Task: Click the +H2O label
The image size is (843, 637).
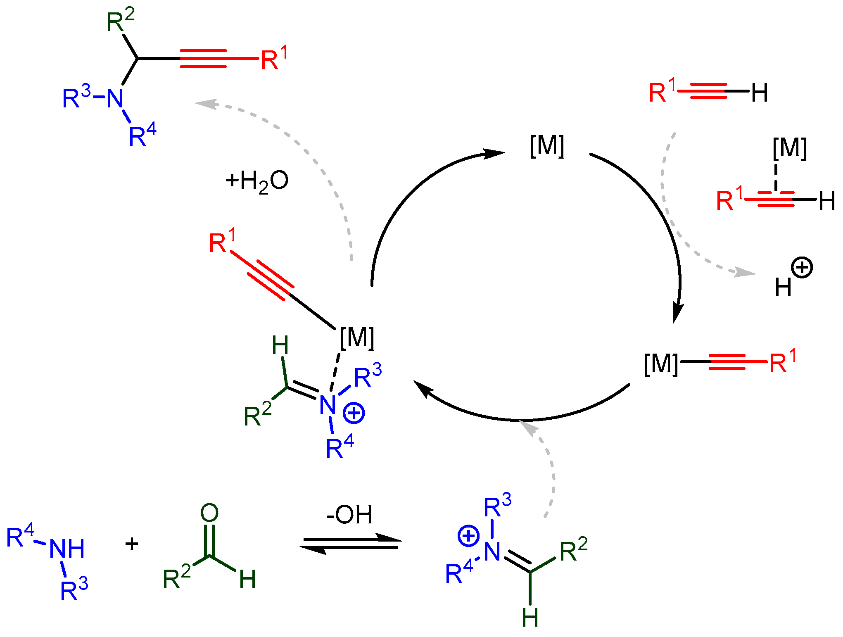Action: point(256,181)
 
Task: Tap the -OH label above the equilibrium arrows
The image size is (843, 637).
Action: point(349,515)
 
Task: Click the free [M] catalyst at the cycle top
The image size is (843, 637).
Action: point(547,145)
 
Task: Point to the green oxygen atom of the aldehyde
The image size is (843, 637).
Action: point(209,513)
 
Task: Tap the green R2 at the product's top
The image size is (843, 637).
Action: point(120,21)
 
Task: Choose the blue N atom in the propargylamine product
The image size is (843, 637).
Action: point(115,99)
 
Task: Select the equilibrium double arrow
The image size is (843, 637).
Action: point(350,544)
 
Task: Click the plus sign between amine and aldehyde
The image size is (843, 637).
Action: point(132,544)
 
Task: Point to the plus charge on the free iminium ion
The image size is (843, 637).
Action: point(468,536)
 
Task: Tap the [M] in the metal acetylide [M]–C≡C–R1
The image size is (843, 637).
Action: point(661,364)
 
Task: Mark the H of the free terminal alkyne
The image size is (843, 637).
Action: point(760,93)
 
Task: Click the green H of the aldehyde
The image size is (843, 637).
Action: point(247,579)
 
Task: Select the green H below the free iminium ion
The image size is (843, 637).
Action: point(530,618)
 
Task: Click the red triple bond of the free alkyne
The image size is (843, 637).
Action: point(708,91)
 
